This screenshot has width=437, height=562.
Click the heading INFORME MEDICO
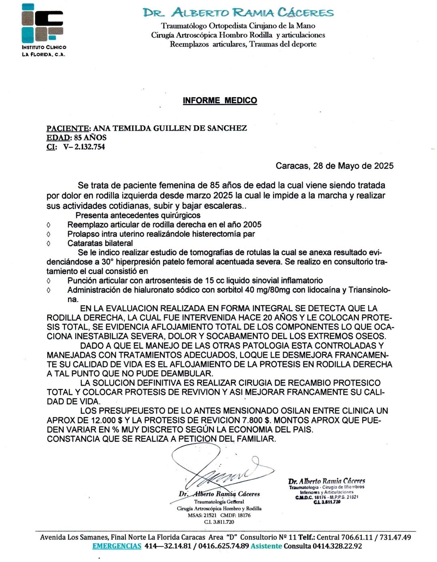pyautogui.click(x=220, y=100)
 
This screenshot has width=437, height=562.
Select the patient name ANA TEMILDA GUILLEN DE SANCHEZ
pyautogui.click(x=170, y=128)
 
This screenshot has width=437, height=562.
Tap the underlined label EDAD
pyautogui.click(x=58, y=138)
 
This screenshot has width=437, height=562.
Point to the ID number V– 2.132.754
pyautogui.click(x=84, y=147)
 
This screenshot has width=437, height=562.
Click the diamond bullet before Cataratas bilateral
pyautogui.click(x=49, y=243)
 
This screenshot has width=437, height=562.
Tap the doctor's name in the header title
pyautogui.click(x=238, y=13)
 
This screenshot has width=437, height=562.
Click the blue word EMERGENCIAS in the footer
pyautogui.click(x=117, y=546)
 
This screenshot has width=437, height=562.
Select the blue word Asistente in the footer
pyautogui.click(x=266, y=546)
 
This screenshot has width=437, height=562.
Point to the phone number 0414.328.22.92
pyautogui.click(x=337, y=546)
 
